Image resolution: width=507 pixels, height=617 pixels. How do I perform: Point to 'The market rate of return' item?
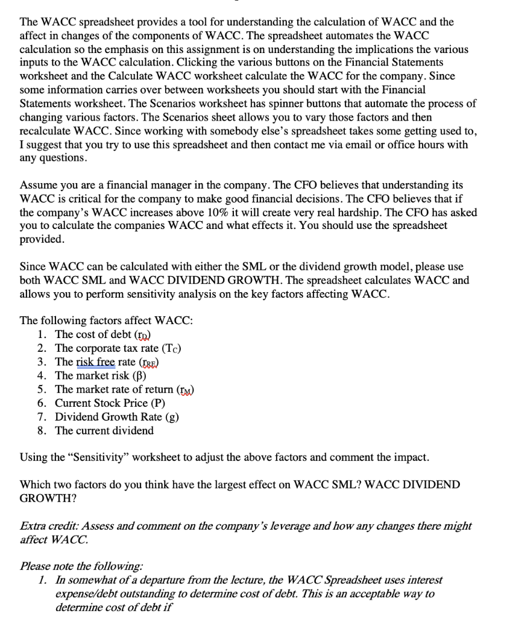(x=124, y=389)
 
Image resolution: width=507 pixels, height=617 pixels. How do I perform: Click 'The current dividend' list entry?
(x=104, y=430)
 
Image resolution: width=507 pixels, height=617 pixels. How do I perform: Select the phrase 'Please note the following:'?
(x=81, y=566)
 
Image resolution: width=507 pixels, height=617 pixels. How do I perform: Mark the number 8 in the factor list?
(x=41, y=430)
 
